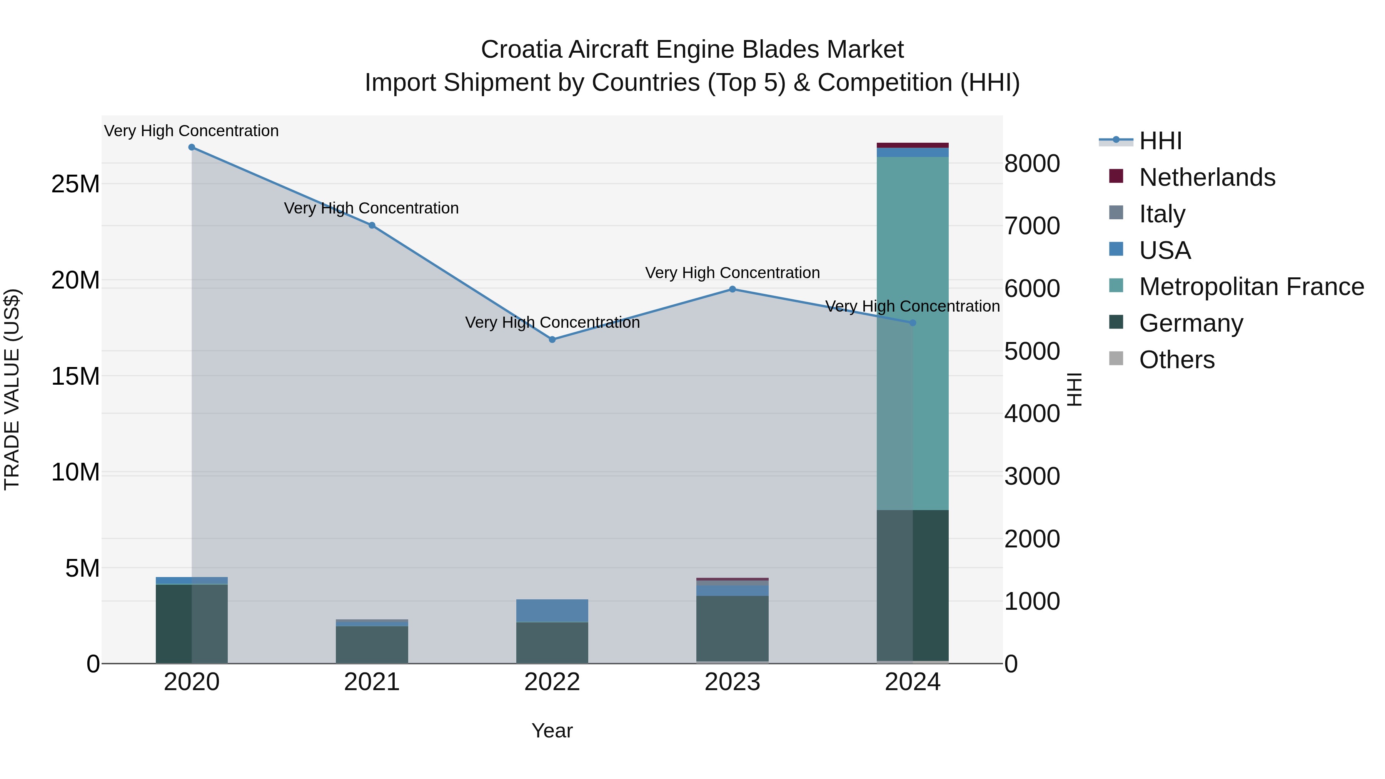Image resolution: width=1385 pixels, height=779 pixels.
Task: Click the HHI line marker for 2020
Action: [x=192, y=147]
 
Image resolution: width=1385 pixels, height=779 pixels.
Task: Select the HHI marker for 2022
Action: [x=552, y=340]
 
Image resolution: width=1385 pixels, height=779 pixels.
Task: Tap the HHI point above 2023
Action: [x=732, y=289]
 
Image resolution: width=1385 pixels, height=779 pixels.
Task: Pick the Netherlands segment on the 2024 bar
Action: [x=913, y=145]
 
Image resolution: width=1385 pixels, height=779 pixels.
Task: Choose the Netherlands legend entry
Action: [x=1206, y=177]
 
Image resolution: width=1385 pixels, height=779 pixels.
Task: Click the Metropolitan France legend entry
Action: [x=1251, y=287]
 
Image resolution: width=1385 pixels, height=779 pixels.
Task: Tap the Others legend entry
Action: [x=1176, y=360]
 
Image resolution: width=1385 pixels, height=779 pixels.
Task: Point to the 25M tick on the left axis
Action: [x=75, y=184]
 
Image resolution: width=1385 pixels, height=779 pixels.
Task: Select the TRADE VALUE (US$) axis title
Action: [x=12, y=389]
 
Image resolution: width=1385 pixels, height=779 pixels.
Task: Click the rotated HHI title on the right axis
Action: [x=1074, y=389]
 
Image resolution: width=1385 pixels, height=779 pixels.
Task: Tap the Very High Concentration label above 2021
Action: [x=372, y=208]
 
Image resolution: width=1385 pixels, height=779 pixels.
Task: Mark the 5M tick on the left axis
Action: [x=82, y=568]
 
